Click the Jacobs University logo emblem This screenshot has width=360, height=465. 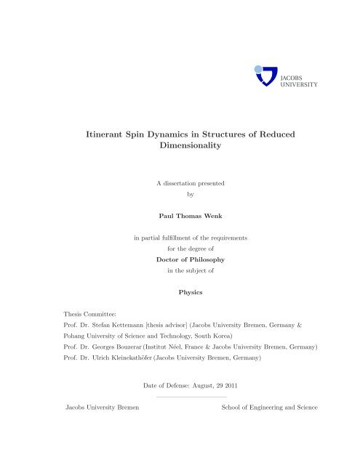pos(265,75)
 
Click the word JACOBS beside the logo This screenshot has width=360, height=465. pos(292,76)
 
